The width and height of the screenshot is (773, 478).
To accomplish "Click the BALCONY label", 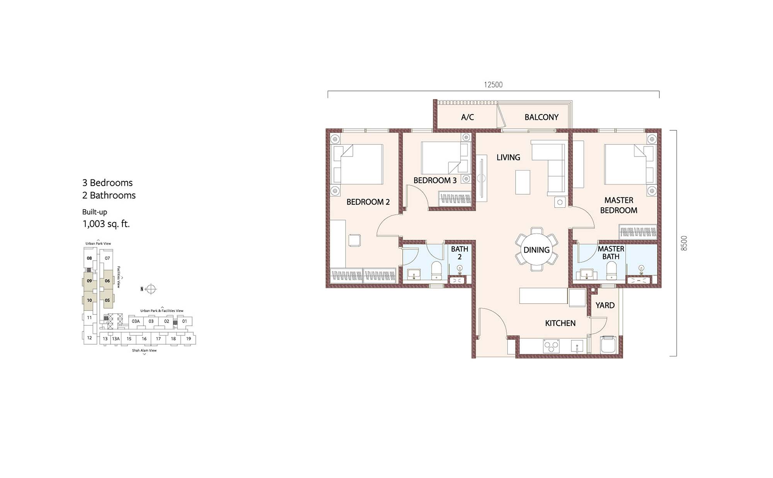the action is pos(541,117).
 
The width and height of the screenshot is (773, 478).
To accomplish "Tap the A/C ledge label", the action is pos(467,117).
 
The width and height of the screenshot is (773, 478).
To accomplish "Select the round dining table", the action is pos(536,249).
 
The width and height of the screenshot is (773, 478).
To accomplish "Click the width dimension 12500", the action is pos(493,85).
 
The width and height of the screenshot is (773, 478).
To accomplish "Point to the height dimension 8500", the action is pos(684,243).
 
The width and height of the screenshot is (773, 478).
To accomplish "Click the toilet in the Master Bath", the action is pos(611,270).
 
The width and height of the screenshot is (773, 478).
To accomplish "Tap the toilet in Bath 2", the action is pos(436,270).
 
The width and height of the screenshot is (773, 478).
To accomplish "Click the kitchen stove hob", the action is pos(551,346).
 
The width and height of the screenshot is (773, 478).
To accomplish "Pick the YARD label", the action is pos(605,306).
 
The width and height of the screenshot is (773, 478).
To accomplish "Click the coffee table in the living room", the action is pos(523,182).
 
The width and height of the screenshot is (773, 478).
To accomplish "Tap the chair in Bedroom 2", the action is pos(354,240).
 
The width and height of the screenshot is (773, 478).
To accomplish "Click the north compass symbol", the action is pos(151,289).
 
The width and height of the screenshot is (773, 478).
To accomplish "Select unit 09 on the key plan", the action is pos(89,281).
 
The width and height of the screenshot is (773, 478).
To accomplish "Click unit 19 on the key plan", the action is pos(189,339).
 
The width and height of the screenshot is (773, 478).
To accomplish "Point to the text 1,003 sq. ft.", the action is pos(106,224).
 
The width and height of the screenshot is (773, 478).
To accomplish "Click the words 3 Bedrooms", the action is pos(107,183).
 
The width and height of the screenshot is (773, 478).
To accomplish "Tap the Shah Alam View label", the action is pos(144,350).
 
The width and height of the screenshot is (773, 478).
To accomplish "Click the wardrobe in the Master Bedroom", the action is pos(638,231).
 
